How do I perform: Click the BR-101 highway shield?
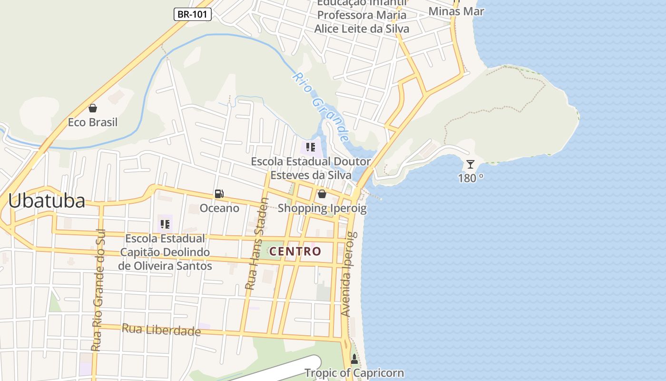[192, 14]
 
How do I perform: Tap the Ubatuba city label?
[47, 201]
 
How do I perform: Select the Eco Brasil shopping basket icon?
[93, 108]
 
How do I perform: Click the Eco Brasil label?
[93, 122]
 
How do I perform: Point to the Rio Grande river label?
[320, 107]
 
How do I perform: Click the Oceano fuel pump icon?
[219, 194]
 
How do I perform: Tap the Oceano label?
[219, 208]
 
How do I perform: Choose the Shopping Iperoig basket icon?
[322, 194]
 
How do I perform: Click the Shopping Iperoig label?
[322, 208]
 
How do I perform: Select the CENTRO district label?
[295, 251]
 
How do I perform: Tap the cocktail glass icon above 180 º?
[470, 164]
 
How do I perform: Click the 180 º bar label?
[470, 178]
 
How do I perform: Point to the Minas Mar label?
[456, 11]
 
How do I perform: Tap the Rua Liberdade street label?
[161, 330]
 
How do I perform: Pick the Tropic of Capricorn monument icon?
[354, 359]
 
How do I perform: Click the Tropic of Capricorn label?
[354, 373]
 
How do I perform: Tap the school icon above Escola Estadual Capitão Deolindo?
[165, 224]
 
